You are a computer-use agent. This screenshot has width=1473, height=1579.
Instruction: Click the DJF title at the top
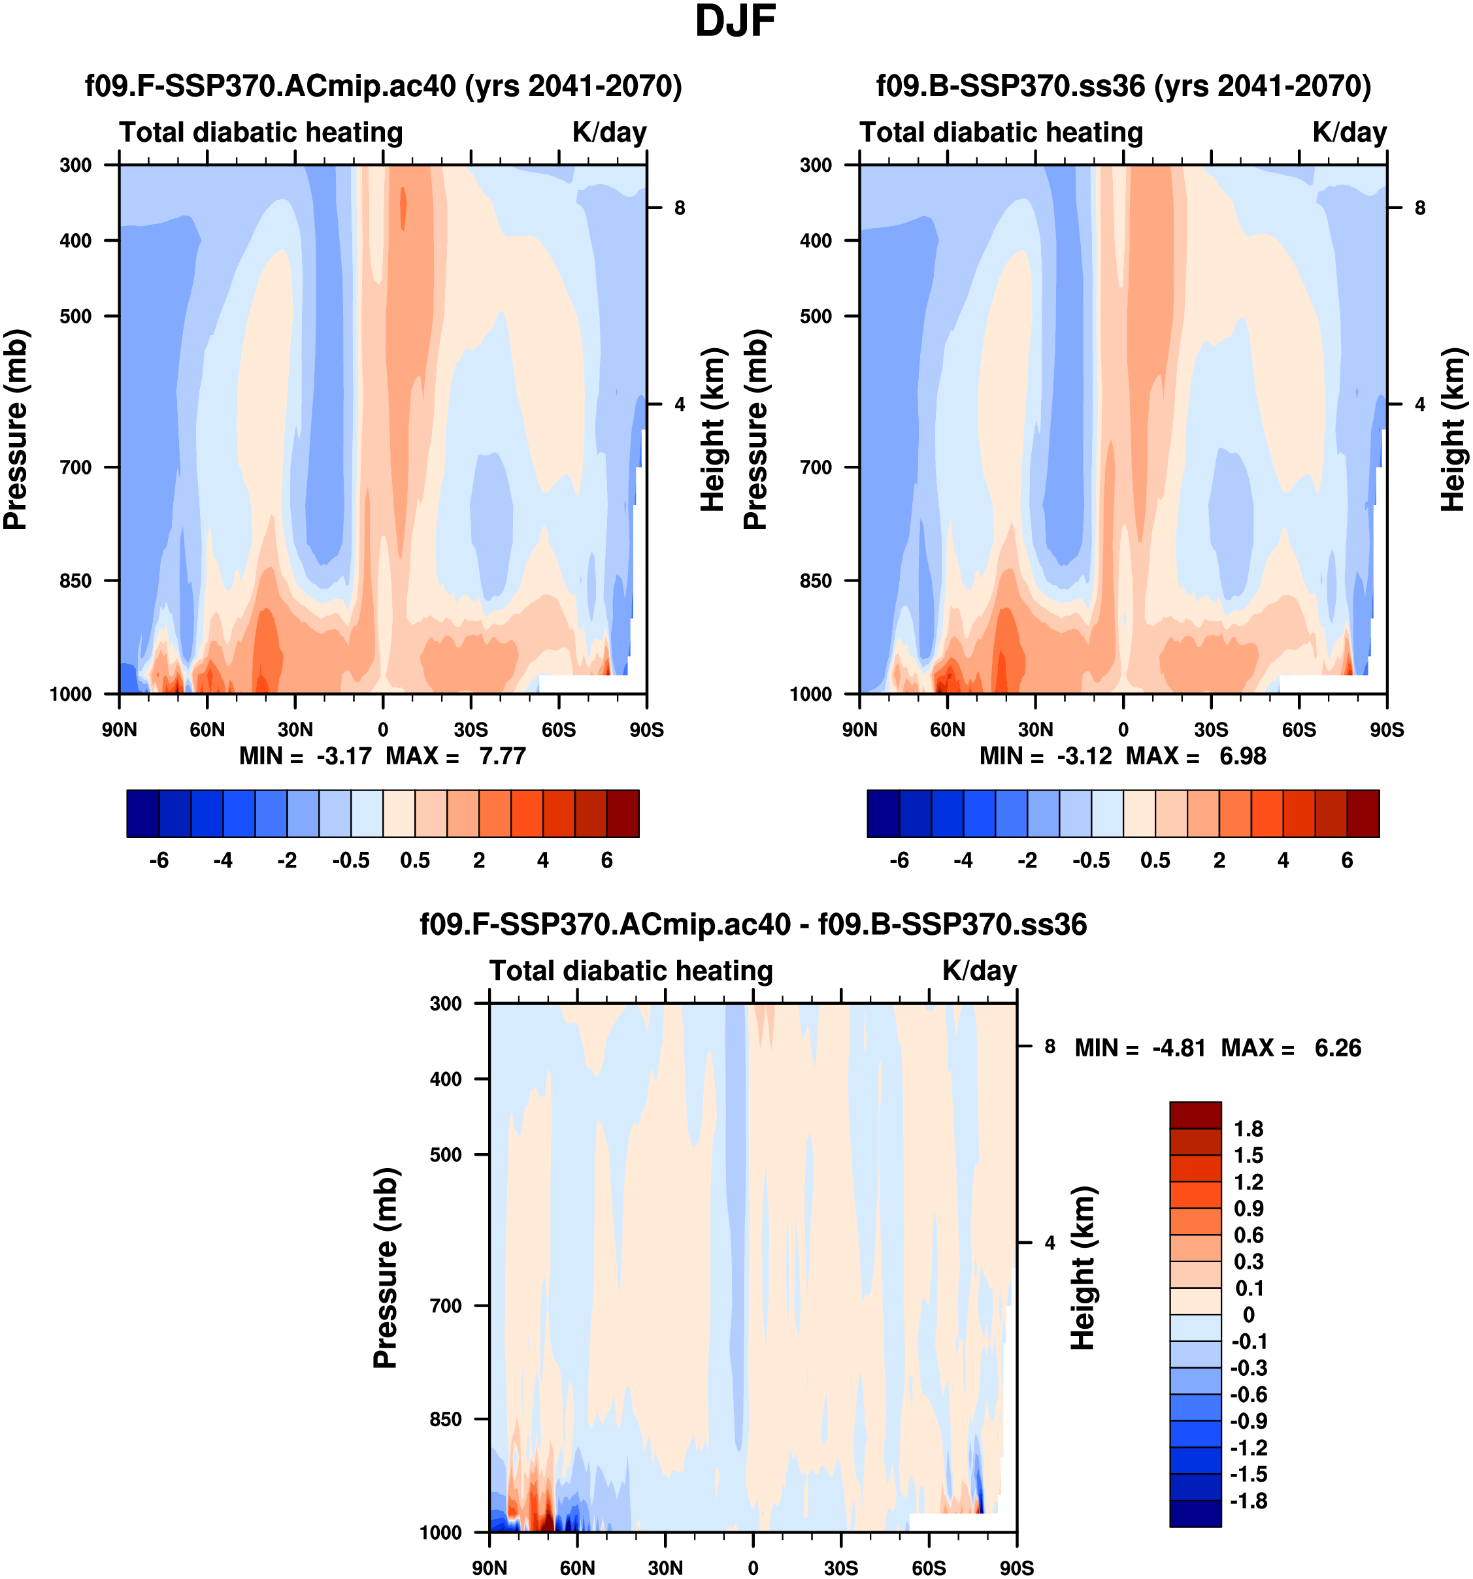(x=735, y=22)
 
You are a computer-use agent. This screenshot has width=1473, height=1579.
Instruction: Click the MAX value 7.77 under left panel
(x=502, y=756)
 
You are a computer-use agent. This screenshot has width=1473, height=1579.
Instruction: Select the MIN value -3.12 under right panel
(x=1084, y=756)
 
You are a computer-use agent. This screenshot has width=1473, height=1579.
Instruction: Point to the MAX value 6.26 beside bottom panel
(x=1337, y=1049)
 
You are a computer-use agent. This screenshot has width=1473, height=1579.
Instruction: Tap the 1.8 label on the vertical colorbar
(x=1248, y=1129)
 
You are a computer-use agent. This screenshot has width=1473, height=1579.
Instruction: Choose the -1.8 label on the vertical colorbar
(x=1248, y=1501)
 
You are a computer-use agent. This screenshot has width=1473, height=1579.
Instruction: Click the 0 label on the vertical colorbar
(x=1248, y=1314)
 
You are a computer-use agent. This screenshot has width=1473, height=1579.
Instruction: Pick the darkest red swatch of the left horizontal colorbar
(x=623, y=813)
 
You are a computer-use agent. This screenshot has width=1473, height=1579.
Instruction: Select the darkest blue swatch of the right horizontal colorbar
(x=883, y=813)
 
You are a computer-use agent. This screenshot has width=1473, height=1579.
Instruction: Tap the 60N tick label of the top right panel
(x=947, y=730)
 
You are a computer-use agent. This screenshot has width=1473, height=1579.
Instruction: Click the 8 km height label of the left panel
(x=679, y=208)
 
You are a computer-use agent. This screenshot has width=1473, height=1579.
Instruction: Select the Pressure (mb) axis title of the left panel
(x=15, y=430)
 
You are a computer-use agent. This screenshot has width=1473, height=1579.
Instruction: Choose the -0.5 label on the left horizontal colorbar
(x=351, y=861)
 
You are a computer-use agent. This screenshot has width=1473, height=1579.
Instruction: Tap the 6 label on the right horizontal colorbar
(x=1347, y=861)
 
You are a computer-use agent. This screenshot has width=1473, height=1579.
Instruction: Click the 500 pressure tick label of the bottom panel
(x=446, y=1155)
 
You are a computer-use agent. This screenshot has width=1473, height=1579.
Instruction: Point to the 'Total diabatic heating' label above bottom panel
(x=631, y=971)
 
